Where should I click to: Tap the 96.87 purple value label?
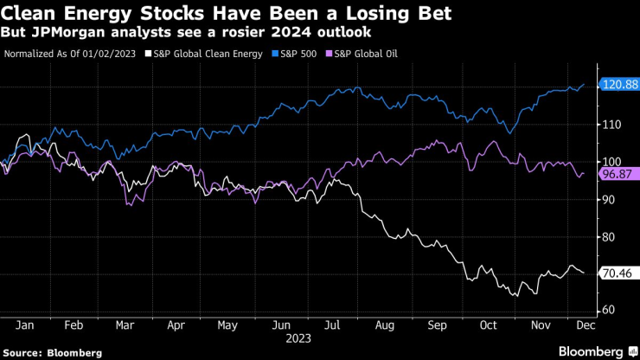point(618,173)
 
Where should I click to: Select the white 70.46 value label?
point(618,273)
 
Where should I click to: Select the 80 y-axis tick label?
point(611,237)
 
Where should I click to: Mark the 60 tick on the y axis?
point(611,310)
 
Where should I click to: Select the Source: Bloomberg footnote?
point(52,352)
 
